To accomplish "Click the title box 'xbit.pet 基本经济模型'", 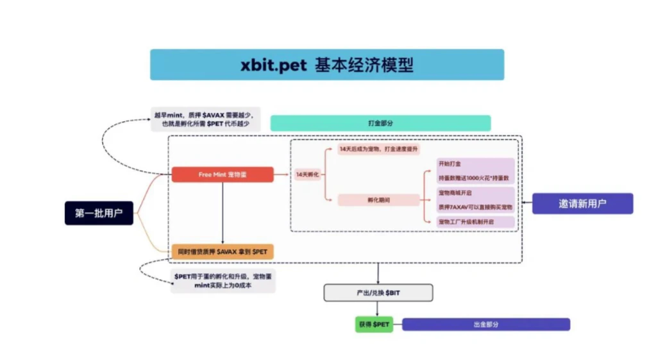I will click(326, 65).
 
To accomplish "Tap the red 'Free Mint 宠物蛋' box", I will click(222, 175).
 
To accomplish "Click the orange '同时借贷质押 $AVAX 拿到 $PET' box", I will click(222, 252).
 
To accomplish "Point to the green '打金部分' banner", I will click(380, 123).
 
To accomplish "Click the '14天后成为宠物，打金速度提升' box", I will click(379, 149).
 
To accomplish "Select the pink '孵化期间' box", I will click(379, 200).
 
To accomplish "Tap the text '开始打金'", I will click(450, 164).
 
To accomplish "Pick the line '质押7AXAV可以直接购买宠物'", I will click(475, 207).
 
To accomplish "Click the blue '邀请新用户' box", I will click(582, 203).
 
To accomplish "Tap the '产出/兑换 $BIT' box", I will click(378, 293).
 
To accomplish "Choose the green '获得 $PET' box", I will click(373, 324).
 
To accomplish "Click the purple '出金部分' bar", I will click(485, 324).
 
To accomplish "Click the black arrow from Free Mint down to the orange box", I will click(222, 212).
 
